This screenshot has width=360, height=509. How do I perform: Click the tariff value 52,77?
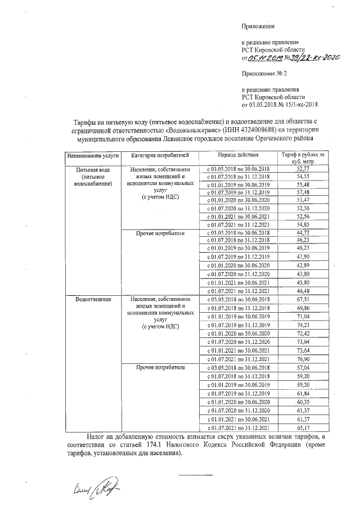pyautogui.click(x=303, y=169)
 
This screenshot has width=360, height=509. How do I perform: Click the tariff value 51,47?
pyautogui.click(x=303, y=200)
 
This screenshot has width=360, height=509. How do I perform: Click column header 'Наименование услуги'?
pyautogui.click(x=90, y=155)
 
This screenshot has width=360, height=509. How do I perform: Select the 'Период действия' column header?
pyautogui.click(x=238, y=155)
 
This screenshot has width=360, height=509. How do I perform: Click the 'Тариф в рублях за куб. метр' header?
pyautogui.click(x=303, y=157)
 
